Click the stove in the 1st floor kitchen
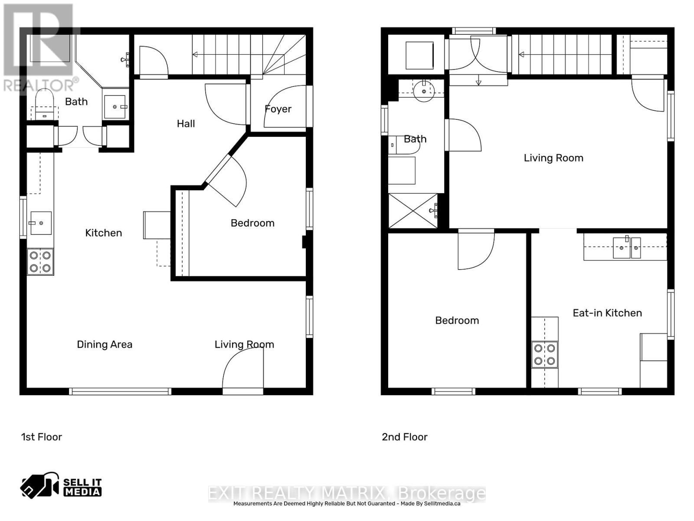click(40, 262)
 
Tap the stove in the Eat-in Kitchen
click(545, 354)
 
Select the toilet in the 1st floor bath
click(44, 104)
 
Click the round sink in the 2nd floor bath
click(424, 91)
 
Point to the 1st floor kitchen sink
click(40, 223)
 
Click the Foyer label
click(278, 109)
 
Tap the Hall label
click(186, 124)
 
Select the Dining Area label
click(105, 344)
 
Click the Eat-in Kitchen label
click(607, 313)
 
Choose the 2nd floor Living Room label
click(553, 158)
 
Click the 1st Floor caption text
click(42, 437)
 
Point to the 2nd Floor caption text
click(404, 437)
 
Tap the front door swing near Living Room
click(243, 369)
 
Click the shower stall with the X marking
click(413, 211)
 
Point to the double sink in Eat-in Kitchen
click(626, 247)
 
